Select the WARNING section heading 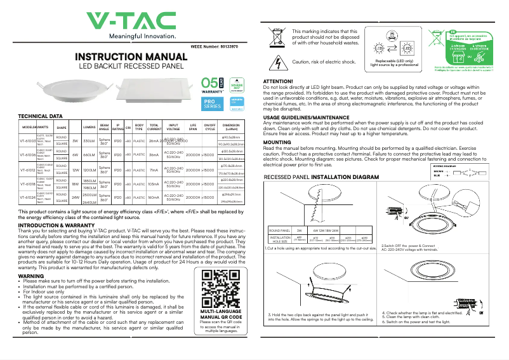pos(31,277)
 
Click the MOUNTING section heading pos(277,143)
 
